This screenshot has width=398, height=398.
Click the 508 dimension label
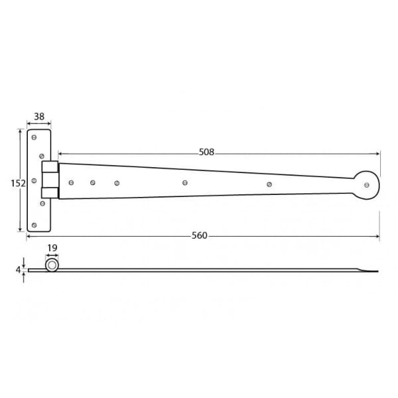click(x=206, y=152)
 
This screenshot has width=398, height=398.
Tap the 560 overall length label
click(x=200, y=235)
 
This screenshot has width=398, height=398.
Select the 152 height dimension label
click(x=18, y=183)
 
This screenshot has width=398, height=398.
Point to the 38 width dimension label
click(x=39, y=117)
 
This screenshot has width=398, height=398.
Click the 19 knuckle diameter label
click(x=52, y=248)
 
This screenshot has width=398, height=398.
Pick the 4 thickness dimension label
click(x=18, y=270)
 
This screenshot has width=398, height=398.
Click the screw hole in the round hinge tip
click(x=367, y=185)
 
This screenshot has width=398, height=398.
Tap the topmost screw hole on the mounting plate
click(x=34, y=137)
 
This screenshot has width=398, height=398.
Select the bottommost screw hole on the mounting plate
click(x=34, y=225)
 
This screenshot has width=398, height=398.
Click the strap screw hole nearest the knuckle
click(x=71, y=182)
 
